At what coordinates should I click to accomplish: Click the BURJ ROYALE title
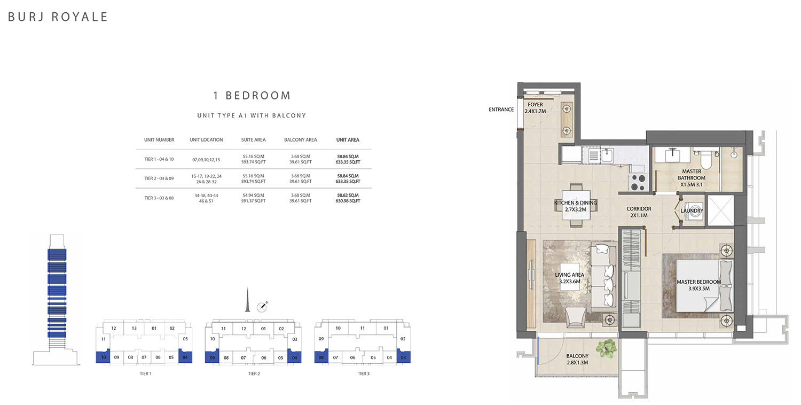[x=58, y=17]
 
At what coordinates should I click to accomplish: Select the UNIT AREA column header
[x=348, y=139]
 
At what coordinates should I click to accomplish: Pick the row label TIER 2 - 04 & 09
[x=159, y=178]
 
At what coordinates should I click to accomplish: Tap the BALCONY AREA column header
[x=301, y=139]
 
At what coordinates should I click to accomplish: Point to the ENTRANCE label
[x=501, y=110]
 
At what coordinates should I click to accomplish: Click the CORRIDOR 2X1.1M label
[x=639, y=212]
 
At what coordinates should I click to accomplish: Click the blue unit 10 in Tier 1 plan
[x=103, y=357]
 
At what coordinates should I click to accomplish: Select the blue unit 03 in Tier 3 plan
[x=403, y=357]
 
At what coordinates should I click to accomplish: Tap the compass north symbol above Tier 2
[x=262, y=306]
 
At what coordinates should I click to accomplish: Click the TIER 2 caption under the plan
[x=254, y=373]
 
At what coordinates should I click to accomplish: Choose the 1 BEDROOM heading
[x=252, y=96]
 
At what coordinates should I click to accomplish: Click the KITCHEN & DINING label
[x=575, y=206]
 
